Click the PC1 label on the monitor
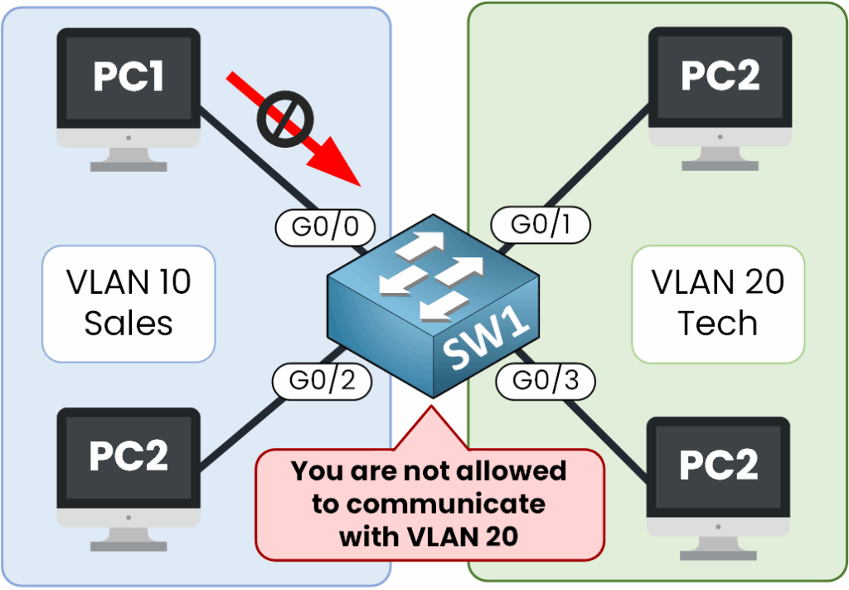[x=129, y=76]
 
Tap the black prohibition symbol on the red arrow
[x=284, y=118]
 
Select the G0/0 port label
[x=324, y=226]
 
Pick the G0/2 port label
[x=322, y=380]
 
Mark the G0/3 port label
[x=545, y=381]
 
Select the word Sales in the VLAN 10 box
[x=129, y=322]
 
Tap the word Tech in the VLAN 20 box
[x=718, y=324]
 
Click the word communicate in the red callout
[x=429, y=504]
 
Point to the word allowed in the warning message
[x=512, y=471]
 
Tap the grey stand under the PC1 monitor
[x=129, y=158]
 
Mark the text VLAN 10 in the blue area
[x=129, y=283]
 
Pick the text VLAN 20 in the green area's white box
[x=718, y=283]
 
